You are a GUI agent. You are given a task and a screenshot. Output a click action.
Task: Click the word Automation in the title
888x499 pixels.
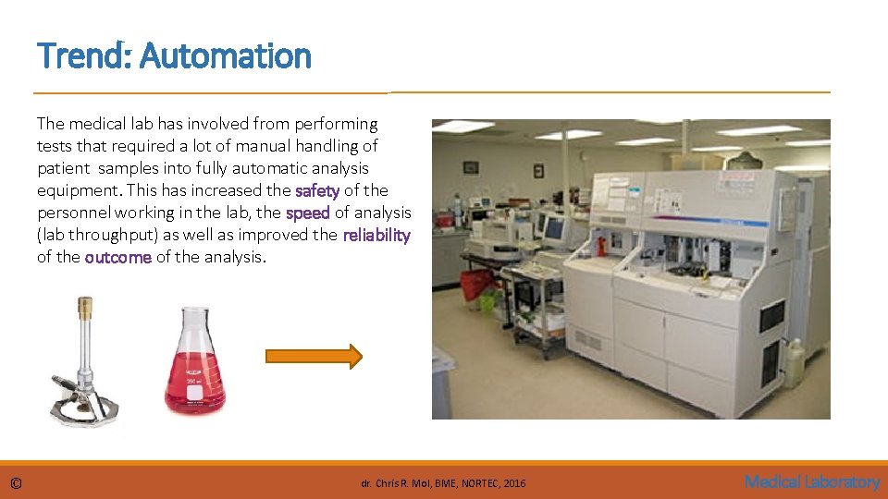[x=226, y=55]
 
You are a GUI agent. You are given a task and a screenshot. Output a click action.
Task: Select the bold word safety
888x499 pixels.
[x=316, y=190]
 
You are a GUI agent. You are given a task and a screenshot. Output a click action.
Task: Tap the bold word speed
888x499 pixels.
[x=307, y=213]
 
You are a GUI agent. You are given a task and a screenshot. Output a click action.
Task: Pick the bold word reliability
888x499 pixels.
[x=376, y=235]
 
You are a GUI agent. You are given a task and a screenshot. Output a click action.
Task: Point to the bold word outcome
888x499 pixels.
[x=117, y=257]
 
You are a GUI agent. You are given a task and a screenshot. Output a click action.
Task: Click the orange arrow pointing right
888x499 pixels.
[x=314, y=357]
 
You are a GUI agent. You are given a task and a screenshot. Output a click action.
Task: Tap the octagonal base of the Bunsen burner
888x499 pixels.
[x=84, y=408]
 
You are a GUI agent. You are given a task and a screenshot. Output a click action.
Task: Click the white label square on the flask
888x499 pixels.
[x=195, y=393]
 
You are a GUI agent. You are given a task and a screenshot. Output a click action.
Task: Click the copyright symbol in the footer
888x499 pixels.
[x=16, y=482]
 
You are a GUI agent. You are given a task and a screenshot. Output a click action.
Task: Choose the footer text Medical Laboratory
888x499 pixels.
[x=811, y=481]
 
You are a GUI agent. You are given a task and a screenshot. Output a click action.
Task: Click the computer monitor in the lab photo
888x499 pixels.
[x=554, y=228]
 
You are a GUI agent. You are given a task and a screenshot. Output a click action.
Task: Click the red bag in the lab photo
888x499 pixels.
[x=476, y=284]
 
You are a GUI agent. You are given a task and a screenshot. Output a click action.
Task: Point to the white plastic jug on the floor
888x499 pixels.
[x=794, y=363]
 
